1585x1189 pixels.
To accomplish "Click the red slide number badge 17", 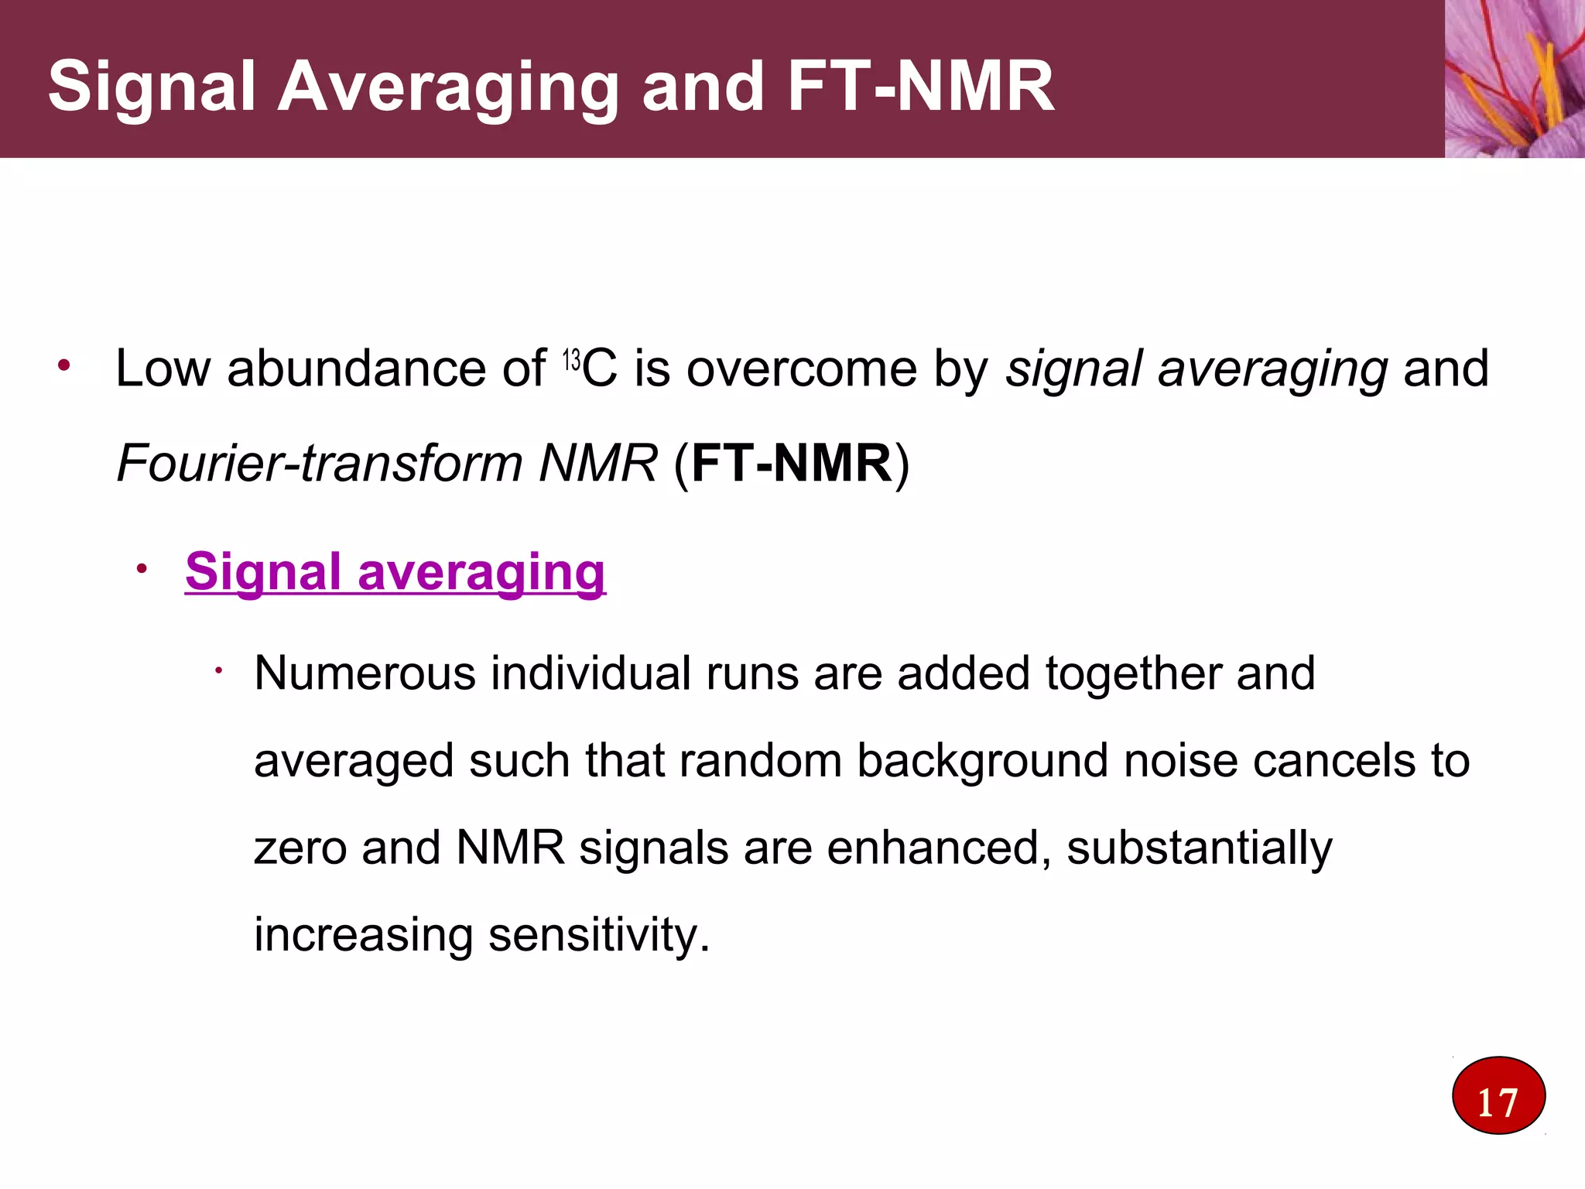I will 1498,1095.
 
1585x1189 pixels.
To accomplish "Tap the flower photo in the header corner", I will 1515,78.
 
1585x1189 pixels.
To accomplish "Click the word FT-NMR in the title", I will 920,86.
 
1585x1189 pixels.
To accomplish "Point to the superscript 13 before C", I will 571,361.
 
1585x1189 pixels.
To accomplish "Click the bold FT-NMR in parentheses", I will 791,463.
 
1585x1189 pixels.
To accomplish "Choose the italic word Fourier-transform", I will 320,463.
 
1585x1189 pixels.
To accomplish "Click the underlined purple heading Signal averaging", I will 395,572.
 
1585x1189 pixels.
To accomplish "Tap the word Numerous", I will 365,673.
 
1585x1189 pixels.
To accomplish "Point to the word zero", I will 300,848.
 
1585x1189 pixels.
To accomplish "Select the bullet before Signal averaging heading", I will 141,570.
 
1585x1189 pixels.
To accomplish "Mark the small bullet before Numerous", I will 219,671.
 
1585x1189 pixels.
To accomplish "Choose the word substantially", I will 1199,848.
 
